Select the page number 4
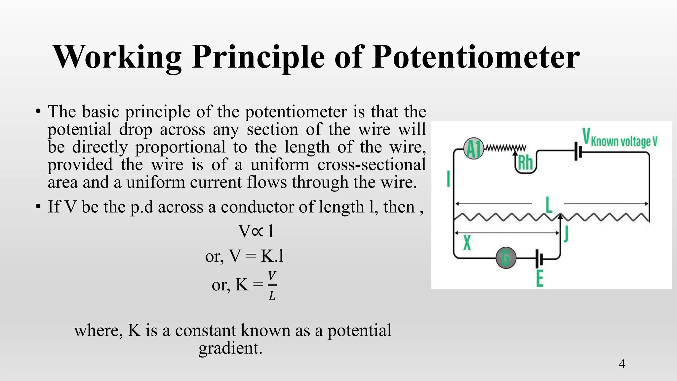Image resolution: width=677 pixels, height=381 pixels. (x=622, y=364)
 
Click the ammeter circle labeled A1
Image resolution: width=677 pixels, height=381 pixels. (x=473, y=149)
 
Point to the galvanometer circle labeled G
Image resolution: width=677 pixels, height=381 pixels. (x=506, y=258)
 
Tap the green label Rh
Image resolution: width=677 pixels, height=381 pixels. (x=526, y=163)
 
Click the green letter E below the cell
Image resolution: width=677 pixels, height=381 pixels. (x=539, y=278)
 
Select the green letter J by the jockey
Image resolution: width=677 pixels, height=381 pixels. (x=566, y=234)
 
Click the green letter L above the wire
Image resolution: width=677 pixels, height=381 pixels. (x=549, y=205)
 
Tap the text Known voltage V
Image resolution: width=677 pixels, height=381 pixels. (x=624, y=142)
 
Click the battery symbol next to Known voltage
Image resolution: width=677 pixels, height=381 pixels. (x=577, y=151)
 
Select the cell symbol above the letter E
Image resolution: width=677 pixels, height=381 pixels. (x=539, y=258)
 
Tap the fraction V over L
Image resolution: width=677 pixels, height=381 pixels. (x=272, y=285)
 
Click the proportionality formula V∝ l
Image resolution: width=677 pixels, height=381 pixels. (x=256, y=231)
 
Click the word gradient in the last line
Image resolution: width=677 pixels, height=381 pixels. (x=230, y=348)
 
